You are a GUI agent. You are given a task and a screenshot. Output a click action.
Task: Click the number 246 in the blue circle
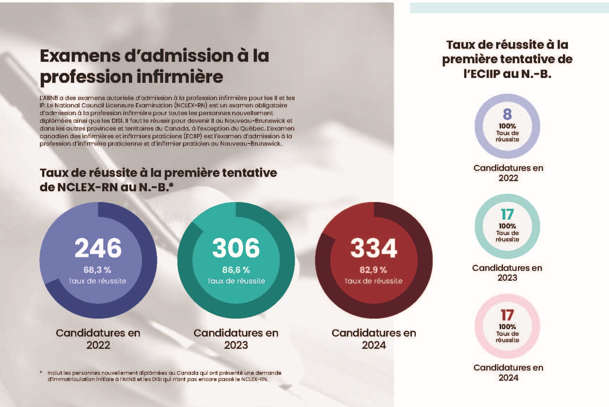[x=98, y=248]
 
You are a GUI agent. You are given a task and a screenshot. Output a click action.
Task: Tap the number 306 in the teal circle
[x=236, y=248]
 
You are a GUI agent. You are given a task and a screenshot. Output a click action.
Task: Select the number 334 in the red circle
[x=374, y=248]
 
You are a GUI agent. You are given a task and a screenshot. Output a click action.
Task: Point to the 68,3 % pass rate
[x=97, y=270]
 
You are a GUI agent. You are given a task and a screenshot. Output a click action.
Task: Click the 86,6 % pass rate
[x=236, y=270]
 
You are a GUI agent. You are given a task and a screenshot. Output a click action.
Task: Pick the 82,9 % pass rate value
[x=373, y=270]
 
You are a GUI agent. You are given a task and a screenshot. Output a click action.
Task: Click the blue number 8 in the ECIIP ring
[x=507, y=114]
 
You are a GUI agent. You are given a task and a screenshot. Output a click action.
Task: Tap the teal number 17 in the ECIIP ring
[x=507, y=214]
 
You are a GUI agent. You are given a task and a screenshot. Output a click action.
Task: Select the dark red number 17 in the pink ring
[x=507, y=315]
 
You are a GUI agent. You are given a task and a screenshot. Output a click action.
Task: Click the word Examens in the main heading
[x=87, y=56]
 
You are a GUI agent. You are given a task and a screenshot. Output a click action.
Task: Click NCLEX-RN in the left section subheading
[x=87, y=187]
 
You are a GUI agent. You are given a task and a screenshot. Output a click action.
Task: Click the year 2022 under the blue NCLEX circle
[x=98, y=345]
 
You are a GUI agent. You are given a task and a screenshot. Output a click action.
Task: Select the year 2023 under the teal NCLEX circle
[x=236, y=345]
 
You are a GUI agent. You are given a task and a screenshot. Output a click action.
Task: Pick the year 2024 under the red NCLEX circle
[x=374, y=345]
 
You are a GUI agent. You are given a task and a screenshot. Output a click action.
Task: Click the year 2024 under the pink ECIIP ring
[x=508, y=378]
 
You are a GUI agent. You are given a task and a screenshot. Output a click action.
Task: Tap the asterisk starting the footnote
[x=41, y=373]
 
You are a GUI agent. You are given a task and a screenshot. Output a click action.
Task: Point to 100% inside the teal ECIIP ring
[x=507, y=226]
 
